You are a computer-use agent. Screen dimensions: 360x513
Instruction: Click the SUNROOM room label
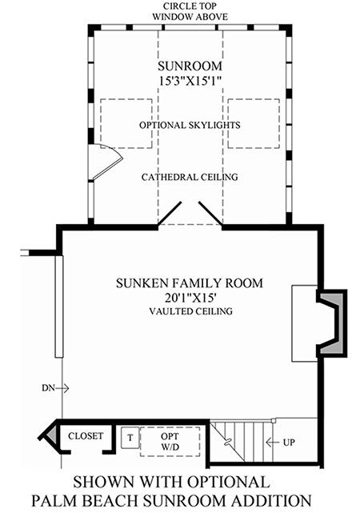190,66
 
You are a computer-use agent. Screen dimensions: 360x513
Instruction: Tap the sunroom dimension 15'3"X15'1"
190,81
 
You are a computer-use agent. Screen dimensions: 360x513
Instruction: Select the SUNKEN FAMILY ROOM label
190,283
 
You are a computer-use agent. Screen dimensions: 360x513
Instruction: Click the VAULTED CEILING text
191,311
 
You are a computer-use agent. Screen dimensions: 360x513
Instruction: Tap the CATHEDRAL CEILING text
190,177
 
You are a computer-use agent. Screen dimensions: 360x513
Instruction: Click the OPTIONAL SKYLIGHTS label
190,125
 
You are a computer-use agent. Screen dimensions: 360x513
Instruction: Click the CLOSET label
86,436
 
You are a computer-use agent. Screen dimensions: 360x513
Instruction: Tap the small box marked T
130,438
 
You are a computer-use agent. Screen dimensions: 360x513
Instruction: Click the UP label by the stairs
289,443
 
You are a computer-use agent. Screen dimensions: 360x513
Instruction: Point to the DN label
48,388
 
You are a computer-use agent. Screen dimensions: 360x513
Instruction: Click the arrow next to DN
62,388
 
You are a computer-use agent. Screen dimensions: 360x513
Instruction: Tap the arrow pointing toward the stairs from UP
274,443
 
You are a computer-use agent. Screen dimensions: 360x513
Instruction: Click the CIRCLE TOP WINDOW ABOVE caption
190,11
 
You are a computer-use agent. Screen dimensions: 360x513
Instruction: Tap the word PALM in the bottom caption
54,500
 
